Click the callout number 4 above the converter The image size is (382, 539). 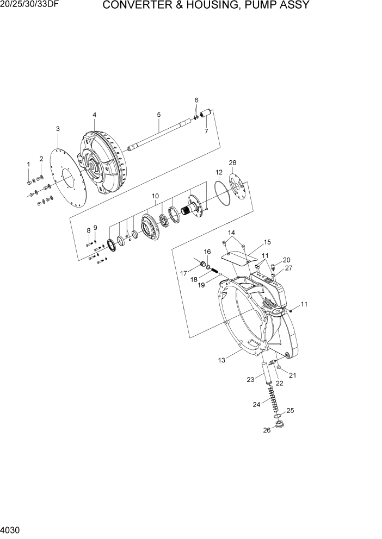coord(94,115)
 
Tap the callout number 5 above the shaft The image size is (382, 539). coord(158,115)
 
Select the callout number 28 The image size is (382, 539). coord(232,163)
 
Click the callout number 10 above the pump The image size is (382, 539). coord(155,196)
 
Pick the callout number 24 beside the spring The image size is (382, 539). coord(256,404)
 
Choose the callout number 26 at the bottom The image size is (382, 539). coord(267,431)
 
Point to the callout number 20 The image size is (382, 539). coord(286,260)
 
